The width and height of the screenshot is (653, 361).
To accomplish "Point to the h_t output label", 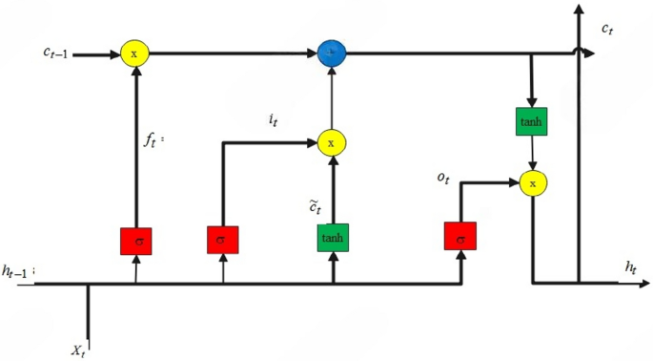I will tap(631, 269).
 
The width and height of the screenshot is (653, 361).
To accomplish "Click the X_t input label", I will tap(81, 350).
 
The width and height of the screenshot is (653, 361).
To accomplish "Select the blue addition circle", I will tap(332, 53).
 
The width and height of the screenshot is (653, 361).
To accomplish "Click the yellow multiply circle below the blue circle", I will tap(332, 142).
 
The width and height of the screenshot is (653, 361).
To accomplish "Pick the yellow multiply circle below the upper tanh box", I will tap(533, 181).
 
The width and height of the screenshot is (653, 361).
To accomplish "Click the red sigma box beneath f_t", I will tap(136, 242).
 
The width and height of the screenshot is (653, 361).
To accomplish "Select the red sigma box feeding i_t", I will tap(222, 239).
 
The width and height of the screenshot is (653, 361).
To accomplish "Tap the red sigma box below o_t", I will tap(459, 236).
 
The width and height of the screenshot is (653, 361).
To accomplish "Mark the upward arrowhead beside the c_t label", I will tap(578, 11).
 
